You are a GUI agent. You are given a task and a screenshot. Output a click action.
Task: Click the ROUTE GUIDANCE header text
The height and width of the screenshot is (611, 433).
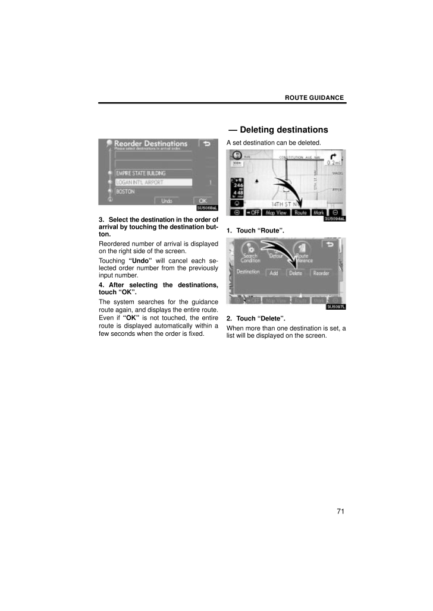tap(314, 97)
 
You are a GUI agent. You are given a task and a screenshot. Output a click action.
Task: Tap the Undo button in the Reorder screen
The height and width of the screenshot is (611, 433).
tap(167, 201)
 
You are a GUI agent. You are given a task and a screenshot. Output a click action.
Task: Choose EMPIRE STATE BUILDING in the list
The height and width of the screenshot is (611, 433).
tap(140, 173)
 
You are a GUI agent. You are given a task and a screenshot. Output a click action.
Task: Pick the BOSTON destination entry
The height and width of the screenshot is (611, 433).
tap(125, 192)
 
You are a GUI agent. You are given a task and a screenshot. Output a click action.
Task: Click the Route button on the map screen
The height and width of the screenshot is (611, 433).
tap(301, 212)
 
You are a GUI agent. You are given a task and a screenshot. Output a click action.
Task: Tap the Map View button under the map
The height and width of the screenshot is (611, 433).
tap(277, 212)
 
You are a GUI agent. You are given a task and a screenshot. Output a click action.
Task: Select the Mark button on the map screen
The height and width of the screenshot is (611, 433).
tap(319, 212)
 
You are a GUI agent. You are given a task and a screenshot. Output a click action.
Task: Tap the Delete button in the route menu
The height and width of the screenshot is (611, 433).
tap(296, 273)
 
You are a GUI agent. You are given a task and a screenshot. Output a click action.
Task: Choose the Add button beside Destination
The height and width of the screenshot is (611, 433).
tap(274, 273)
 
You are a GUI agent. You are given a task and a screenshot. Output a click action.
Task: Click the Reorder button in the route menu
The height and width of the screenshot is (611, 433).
tap(321, 273)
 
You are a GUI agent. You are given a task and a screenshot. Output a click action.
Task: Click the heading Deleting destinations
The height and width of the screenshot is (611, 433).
tap(277, 130)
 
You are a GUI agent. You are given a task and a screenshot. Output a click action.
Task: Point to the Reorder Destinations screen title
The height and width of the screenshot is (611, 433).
tap(150, 144)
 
